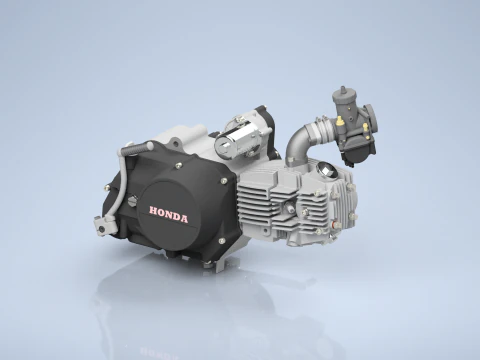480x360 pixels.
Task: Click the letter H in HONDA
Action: coord(153,212)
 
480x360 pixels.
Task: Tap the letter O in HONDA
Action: coord(162,212)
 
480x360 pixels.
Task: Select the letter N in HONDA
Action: coord(171,212)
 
